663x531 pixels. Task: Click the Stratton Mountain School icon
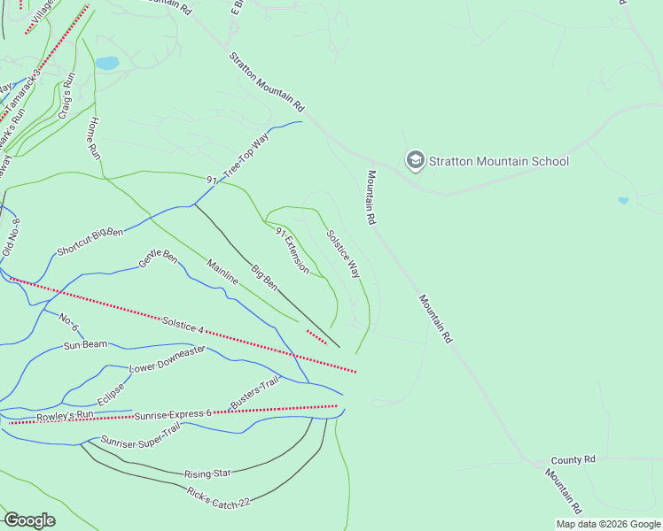tap(415, 160)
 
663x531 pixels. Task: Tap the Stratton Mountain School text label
tap(499, 161)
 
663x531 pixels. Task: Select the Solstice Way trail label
tap(343, 255)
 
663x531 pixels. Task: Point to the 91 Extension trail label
tap(292, 250)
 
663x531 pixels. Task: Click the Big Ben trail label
tap(264, 276)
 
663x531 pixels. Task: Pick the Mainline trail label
tap(222, 271)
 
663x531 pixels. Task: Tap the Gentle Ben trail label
tap(158, 258)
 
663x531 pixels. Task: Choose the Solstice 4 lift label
tap(183, 325)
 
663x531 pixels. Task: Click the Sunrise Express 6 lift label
tap(173, 414)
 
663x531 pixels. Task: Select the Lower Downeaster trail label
tap(168, 358)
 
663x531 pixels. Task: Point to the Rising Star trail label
tap(207, 473)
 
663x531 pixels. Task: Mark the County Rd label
tap(573, 460)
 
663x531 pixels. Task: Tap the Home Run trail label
tap(95, 138)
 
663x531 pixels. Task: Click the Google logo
tap(30, 520)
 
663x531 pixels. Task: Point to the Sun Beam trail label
tap(85, 344)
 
